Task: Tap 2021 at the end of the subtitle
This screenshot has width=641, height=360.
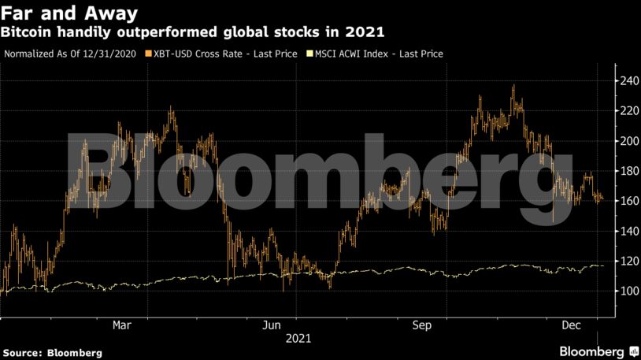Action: click(367, 32)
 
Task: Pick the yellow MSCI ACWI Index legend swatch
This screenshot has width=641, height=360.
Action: click(309, 54)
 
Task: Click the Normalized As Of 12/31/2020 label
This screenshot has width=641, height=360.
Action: click(69, 54)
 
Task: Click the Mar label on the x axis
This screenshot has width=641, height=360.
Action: click(121, 325)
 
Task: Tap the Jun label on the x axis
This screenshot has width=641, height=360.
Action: click(272, 325)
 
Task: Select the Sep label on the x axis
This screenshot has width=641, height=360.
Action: click(423, 325)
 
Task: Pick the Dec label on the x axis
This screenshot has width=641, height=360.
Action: click(571, 325)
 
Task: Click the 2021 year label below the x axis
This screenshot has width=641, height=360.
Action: click(298, 339)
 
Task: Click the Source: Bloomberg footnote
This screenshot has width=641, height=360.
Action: click(52, 353)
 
